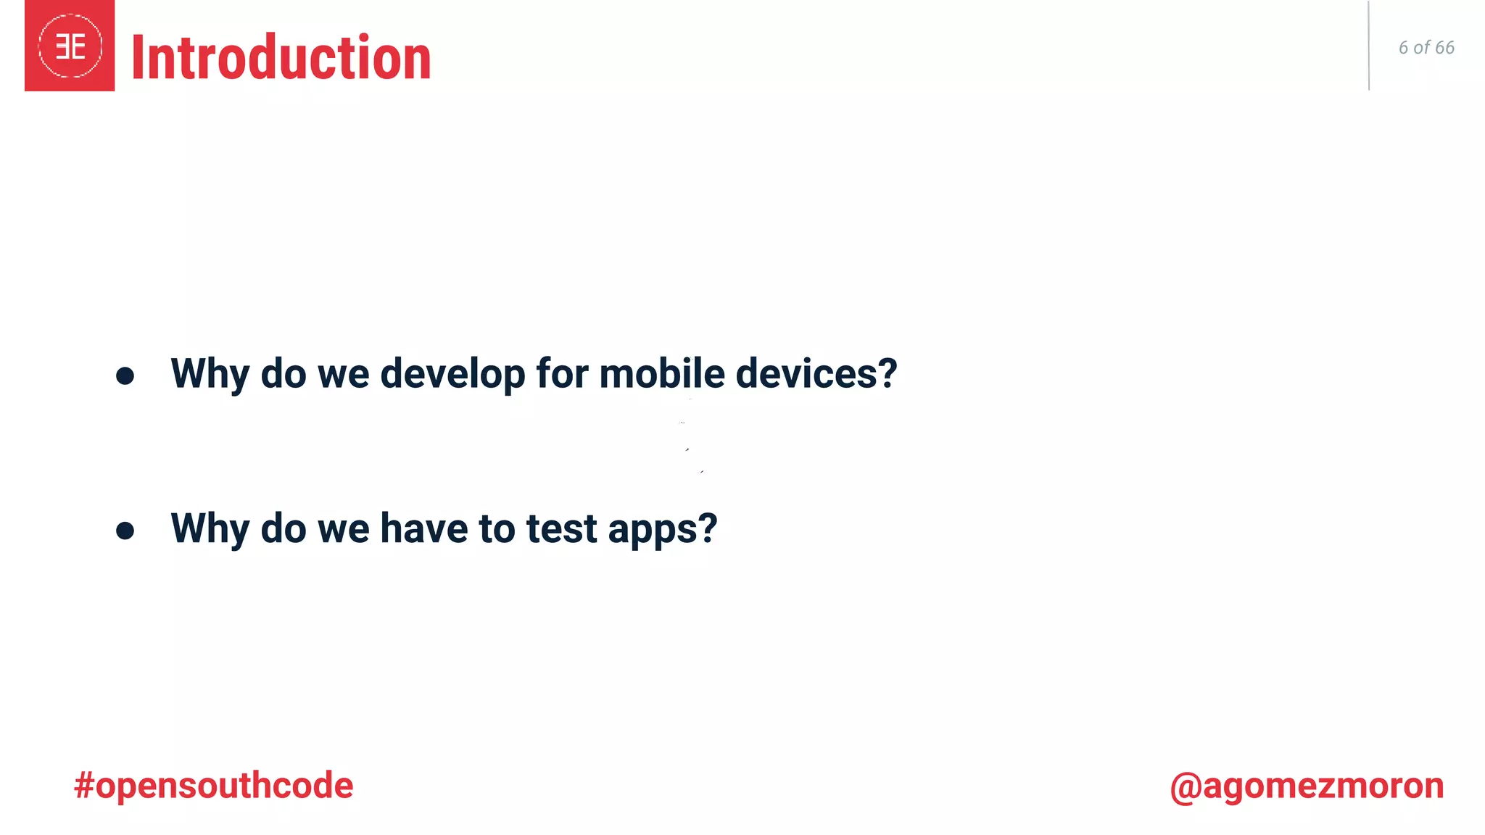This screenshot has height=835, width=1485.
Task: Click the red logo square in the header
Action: [x=70, y=46]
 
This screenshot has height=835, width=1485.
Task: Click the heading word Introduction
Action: [x=281, y=58]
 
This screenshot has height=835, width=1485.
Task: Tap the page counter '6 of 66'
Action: [x=1426, y=48]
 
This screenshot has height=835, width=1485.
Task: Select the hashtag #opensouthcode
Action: [x=213, y=786]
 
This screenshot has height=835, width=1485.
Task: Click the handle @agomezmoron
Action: [x=1306, y=786]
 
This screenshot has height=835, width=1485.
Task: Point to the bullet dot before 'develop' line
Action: [x=125, y=375]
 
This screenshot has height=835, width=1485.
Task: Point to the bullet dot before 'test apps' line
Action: [x=125, y=531]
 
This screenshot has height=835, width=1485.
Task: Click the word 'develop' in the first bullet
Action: [x=452, y=374]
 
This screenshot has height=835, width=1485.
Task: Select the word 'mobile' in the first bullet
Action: [x=661, y=374]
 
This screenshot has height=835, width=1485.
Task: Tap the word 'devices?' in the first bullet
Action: [x=816, y=374]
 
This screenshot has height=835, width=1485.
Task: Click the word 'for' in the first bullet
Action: [x=562, y=374]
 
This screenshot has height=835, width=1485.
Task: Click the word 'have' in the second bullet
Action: [x=423, y=529]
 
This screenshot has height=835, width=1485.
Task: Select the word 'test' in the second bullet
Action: [x=561, y=529]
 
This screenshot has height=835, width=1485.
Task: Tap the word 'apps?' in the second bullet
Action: [x=662, y=529]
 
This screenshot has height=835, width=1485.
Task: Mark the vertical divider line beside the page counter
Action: [x=1368, y=46]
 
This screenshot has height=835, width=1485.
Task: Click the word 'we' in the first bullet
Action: [x=343, y=374]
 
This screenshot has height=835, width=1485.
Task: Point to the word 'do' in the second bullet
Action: [x=283, y=529]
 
